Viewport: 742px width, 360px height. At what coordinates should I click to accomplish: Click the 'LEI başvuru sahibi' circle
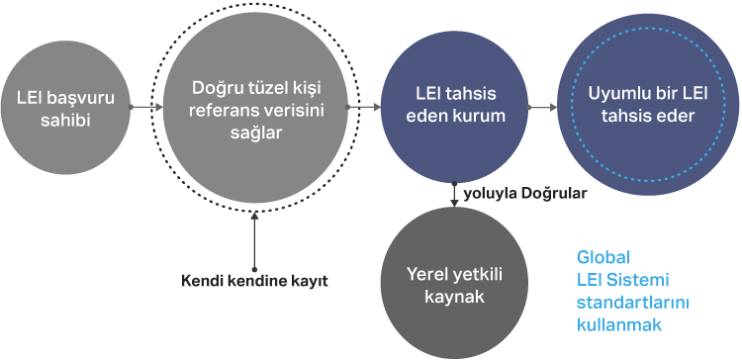(x=65, y=108)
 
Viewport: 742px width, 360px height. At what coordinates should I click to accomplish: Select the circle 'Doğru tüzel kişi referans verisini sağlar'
(x=255, y=108)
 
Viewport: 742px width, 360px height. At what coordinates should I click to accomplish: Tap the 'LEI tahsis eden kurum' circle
(x=454, y=108)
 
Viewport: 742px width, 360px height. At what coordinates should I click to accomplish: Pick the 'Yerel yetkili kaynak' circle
(x=454, y=283)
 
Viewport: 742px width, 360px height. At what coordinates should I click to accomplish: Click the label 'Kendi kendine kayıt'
(x=254, y=281)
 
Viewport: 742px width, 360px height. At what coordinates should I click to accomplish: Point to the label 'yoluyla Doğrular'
(x=525, y=194)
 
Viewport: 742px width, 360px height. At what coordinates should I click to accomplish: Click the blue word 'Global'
(x=603, y=257)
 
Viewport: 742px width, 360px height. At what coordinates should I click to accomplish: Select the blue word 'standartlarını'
(x=632, y=303)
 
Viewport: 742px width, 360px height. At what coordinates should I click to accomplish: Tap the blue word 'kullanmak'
(x=619, y=325)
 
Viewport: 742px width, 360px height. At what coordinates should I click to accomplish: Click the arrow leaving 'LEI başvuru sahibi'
(x=146, y=108)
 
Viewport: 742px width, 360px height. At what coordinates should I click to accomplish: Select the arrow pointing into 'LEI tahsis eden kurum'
(x=364, y=108)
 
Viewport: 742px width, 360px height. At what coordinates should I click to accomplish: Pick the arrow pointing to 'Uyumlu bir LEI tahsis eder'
(x=543, y=108)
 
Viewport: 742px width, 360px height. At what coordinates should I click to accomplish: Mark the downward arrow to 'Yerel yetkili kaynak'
(x=454, y=195)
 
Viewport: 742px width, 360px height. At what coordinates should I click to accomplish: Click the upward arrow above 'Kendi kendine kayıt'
(x=254, y=241)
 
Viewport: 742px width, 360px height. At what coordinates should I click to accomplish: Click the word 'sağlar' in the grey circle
(x=256, y=133)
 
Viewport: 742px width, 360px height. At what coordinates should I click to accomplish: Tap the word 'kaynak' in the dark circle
(x=454, y=297)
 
